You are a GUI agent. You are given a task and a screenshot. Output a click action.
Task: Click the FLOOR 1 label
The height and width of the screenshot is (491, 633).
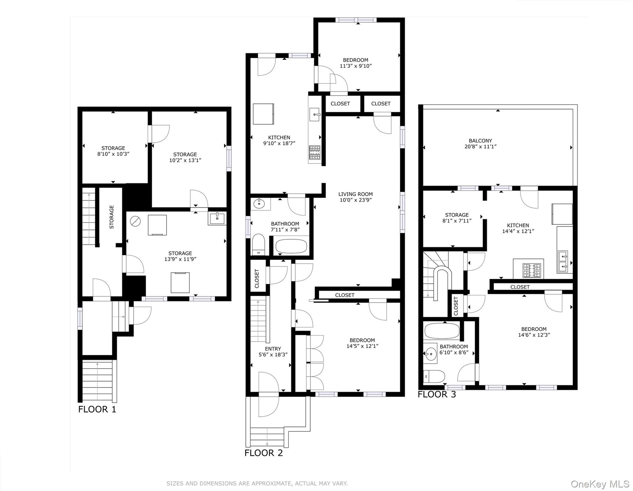coord(97,409)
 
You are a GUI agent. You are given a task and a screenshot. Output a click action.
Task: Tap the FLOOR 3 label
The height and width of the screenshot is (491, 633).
coord(436,394)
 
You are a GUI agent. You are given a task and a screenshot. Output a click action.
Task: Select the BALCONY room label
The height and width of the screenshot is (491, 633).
coord(480,141)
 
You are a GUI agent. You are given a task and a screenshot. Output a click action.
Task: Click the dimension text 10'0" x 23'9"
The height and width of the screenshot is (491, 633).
coord(355,200)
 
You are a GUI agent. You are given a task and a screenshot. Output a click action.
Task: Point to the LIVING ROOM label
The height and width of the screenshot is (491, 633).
coord(355,194)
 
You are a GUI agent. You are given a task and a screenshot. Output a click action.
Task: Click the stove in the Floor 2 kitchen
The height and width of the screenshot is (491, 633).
coord(314,152)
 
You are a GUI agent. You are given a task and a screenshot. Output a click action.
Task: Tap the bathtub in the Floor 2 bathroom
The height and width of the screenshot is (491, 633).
coord(291,246)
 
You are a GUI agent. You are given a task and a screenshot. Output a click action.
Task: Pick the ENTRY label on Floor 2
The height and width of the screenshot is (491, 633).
coord(273,349)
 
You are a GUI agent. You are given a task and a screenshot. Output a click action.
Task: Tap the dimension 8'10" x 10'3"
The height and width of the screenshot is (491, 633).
coord(113,154)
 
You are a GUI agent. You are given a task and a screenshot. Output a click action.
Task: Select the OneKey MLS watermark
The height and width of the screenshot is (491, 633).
coord(600,484)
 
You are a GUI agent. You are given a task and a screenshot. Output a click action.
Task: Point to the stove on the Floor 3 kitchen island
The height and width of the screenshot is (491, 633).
coord(532,270)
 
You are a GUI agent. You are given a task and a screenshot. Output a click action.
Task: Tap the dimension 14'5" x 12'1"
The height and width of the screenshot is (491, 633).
coord(362,346)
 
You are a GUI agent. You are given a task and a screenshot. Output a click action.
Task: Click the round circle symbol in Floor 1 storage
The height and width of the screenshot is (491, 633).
coord(135,221)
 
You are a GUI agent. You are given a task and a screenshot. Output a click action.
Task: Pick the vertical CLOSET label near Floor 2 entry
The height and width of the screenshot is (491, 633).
coord(257,278)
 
